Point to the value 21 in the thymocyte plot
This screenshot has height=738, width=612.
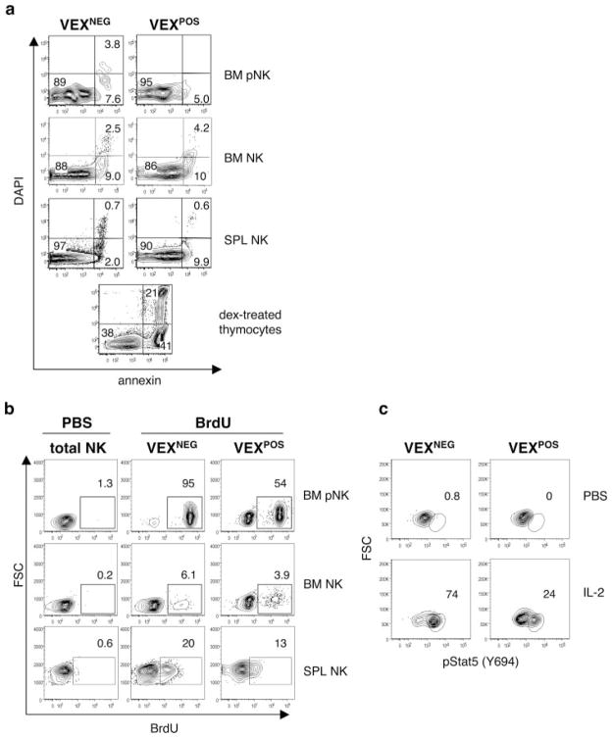(150, 294)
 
